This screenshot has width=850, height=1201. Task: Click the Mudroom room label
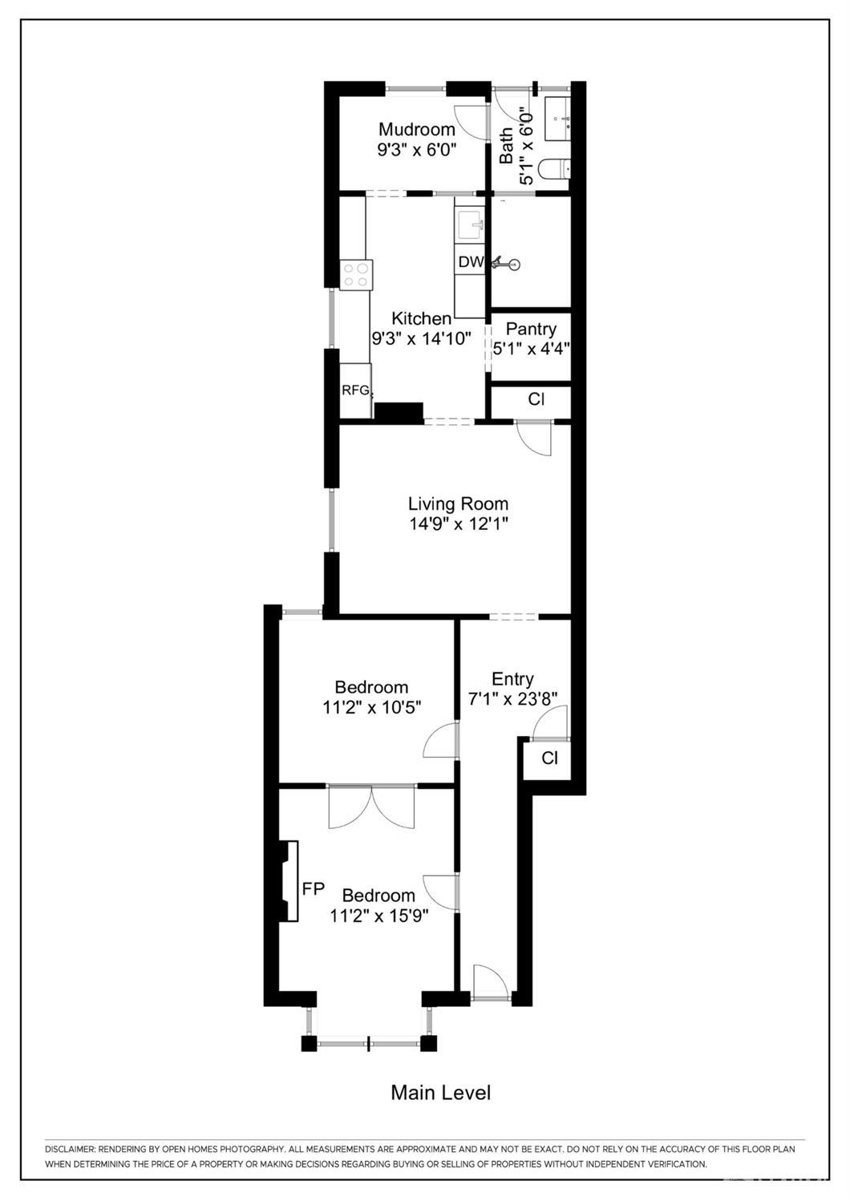(416, 130)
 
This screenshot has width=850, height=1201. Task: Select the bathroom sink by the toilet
(557, 118)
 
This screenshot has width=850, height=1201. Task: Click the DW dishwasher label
(471, 261)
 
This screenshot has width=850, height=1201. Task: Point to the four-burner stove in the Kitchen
(356, 275)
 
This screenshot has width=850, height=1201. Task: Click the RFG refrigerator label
(355, 390)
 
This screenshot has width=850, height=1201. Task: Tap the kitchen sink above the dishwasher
(471, 227)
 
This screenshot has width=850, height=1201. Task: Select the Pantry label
(531, 330)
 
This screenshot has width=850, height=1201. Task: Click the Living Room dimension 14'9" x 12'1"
(458, 524)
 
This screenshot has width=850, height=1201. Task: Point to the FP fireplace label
(314, 888)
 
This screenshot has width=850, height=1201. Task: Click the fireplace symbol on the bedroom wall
(288, 880)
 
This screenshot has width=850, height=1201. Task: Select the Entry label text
(512, 679)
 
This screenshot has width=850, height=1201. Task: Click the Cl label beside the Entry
(549, 758)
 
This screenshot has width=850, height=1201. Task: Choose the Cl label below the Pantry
(536, 399)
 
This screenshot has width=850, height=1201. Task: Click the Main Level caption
(440, 1092)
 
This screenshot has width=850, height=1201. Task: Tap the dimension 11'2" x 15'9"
(379, 916)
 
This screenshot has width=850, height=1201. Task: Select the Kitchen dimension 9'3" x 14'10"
(421, 338)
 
